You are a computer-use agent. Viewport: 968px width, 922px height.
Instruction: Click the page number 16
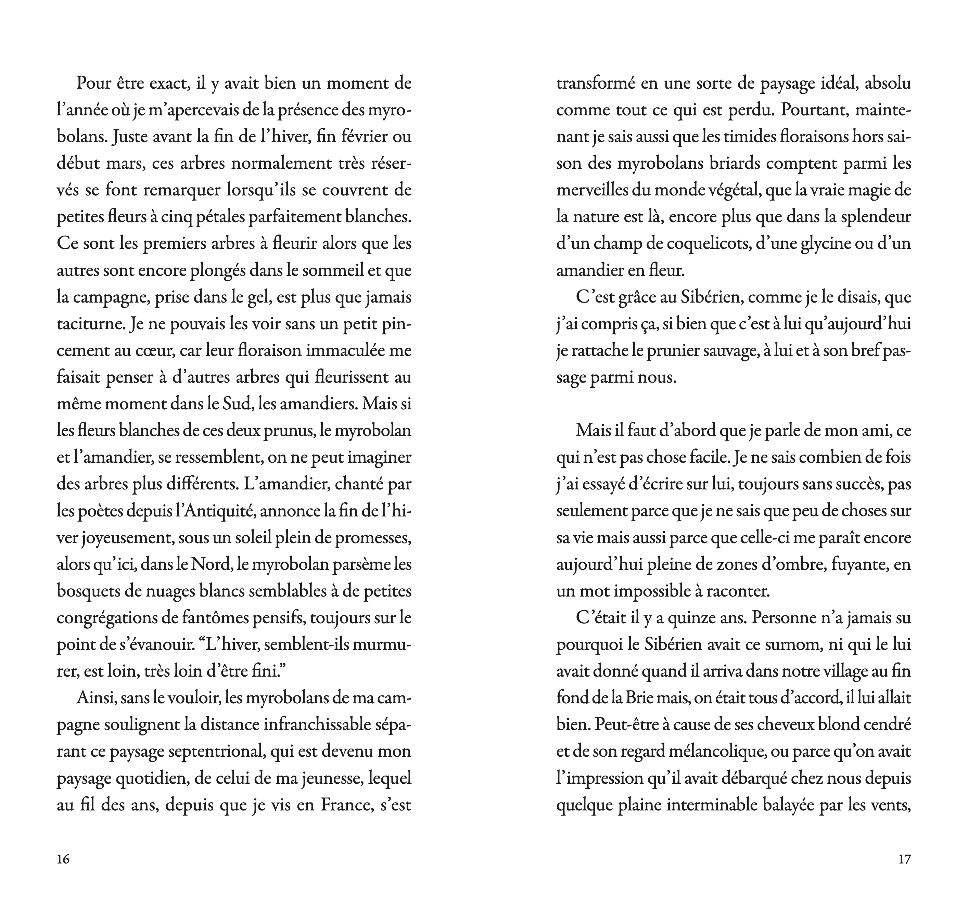63,859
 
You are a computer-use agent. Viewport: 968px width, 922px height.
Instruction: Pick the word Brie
640,698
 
